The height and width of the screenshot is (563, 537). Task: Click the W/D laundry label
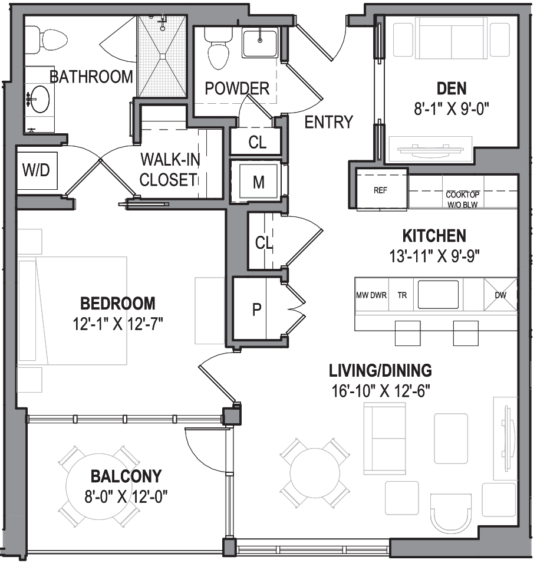[37, 171]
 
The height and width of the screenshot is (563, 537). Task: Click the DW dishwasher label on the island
[500, 295]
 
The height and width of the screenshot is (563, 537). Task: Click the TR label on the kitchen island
[401, 295]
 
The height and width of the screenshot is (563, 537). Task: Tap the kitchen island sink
[438, 294]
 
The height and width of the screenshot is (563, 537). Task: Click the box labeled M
[258, 182]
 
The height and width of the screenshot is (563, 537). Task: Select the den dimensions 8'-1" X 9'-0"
[452, 108]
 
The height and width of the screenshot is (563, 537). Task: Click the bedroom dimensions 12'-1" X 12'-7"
[118, 323]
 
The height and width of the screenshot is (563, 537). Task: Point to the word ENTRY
[328, 122]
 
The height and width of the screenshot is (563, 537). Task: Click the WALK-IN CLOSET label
[167, 170]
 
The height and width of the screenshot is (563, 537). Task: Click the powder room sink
[260, 41]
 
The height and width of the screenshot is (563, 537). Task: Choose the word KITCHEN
[434, 236]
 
